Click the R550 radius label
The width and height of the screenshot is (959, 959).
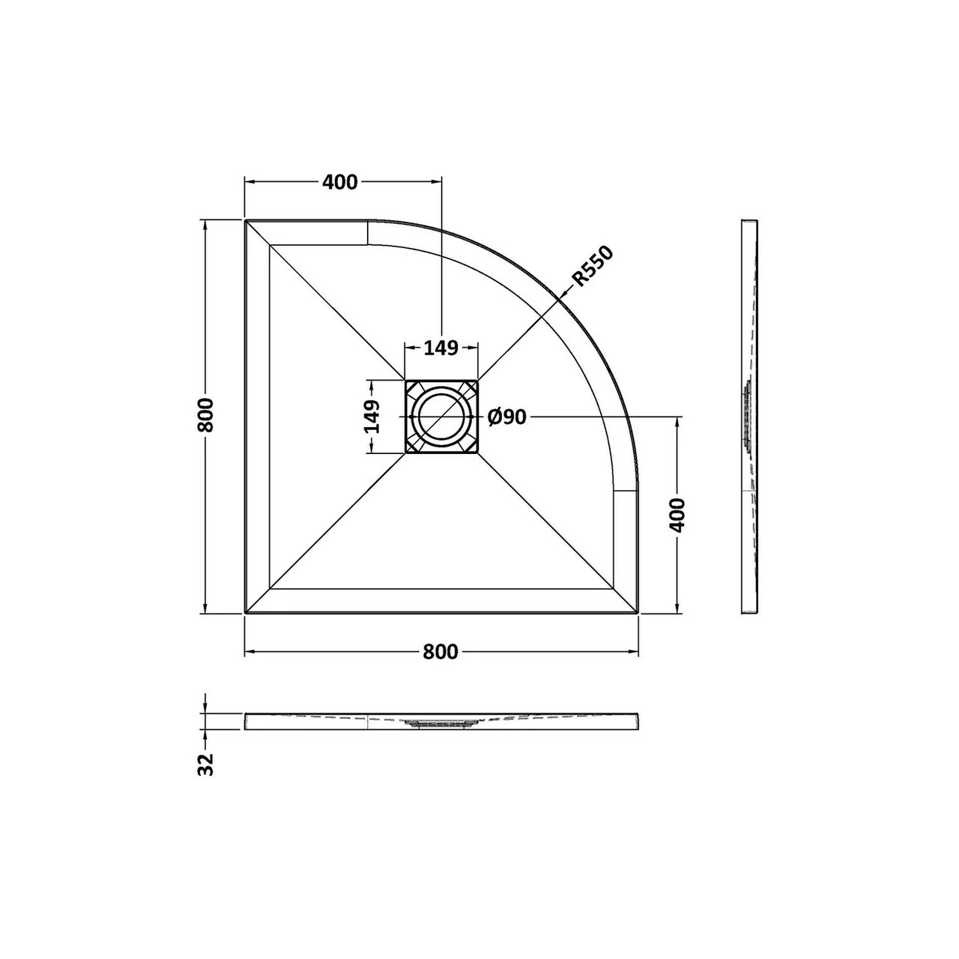593,267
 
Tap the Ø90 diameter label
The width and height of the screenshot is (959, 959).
507,417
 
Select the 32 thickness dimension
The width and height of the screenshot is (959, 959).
207,763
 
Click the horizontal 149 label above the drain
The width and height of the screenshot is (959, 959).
441,348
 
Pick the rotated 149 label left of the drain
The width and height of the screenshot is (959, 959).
372,416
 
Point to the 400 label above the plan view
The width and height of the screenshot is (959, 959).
340,182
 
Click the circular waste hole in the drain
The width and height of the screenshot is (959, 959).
441,417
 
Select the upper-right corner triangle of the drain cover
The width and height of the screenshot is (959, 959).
470,388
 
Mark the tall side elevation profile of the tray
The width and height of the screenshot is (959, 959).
749,417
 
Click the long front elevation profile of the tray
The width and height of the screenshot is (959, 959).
441,721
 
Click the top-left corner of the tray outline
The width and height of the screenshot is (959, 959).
246,221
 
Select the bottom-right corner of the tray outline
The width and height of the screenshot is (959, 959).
638,612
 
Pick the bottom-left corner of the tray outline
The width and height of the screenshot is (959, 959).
246,612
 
